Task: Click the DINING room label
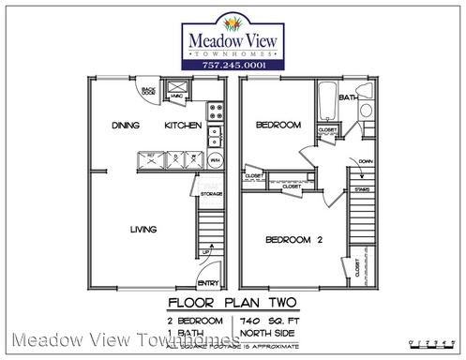tap(125, 126)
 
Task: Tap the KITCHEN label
tap(182, 126)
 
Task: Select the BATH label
tap(347, 97)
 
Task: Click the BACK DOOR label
tap(148, 92)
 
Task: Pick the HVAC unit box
tap(177, 95)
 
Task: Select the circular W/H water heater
tap(214, 159)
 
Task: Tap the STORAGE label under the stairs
tap(211, 195)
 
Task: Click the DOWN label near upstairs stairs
tap(364, 161)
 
